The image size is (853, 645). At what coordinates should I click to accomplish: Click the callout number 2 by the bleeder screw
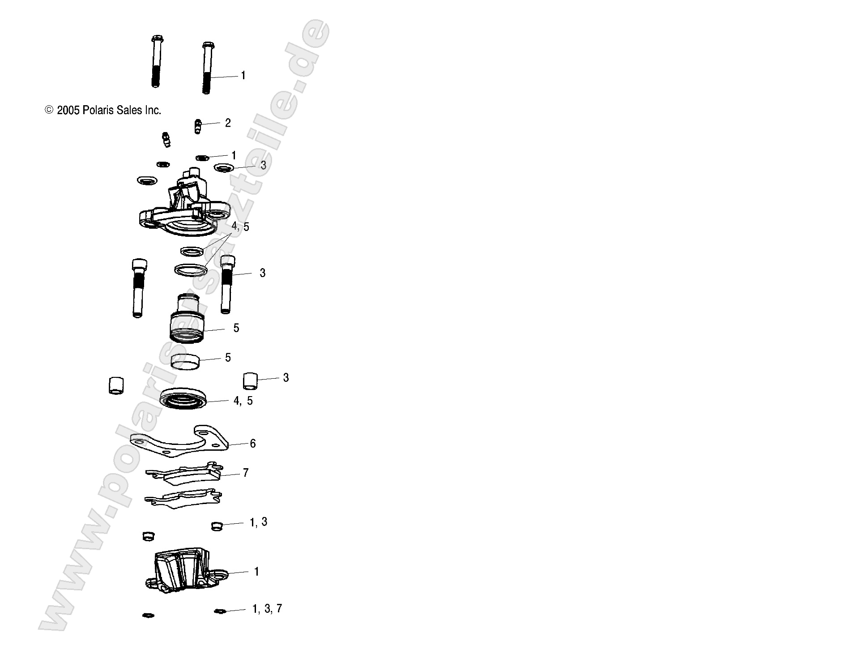tap(228, 123)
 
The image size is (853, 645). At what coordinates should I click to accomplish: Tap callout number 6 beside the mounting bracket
tap(253, 444)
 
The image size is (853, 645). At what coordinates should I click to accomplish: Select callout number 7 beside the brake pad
tap(246, 473)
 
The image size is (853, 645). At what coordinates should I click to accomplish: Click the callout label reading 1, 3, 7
tap(267, 609)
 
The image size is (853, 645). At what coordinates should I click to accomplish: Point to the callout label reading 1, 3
tap(258, 522)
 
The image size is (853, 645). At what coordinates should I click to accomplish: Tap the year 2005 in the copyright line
tap(68, 110)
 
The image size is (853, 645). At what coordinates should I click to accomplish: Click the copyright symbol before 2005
tap(49, 110)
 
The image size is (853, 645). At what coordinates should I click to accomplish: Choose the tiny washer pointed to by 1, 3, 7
tap(219, 611)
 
